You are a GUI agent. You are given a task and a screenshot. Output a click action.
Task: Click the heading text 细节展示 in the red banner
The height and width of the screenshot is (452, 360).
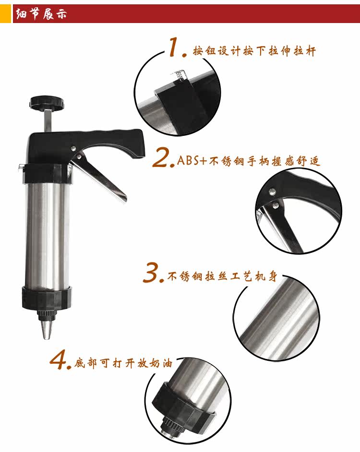click(x=41, y=14)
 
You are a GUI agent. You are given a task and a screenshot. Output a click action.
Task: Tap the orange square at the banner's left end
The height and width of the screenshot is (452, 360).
click(x=5, y=13)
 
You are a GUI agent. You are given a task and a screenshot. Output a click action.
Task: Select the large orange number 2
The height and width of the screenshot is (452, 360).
click(x=163, y=157)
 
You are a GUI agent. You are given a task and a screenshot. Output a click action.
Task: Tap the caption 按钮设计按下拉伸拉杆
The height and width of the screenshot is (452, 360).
click(x=254, y=51)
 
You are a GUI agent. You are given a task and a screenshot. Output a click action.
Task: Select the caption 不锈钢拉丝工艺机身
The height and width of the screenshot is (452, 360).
click(x=222, y=276)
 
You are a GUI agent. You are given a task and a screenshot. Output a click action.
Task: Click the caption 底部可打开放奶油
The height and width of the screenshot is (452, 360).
click(x=123, y=363)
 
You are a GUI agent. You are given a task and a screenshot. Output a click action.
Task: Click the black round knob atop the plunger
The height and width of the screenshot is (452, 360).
click(x=47, y=103)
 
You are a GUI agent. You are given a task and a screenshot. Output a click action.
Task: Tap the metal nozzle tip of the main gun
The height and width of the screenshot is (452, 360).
click(x=47, y=330)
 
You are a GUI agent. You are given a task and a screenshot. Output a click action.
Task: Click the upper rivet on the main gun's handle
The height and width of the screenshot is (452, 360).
click(x=74, y=148)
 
